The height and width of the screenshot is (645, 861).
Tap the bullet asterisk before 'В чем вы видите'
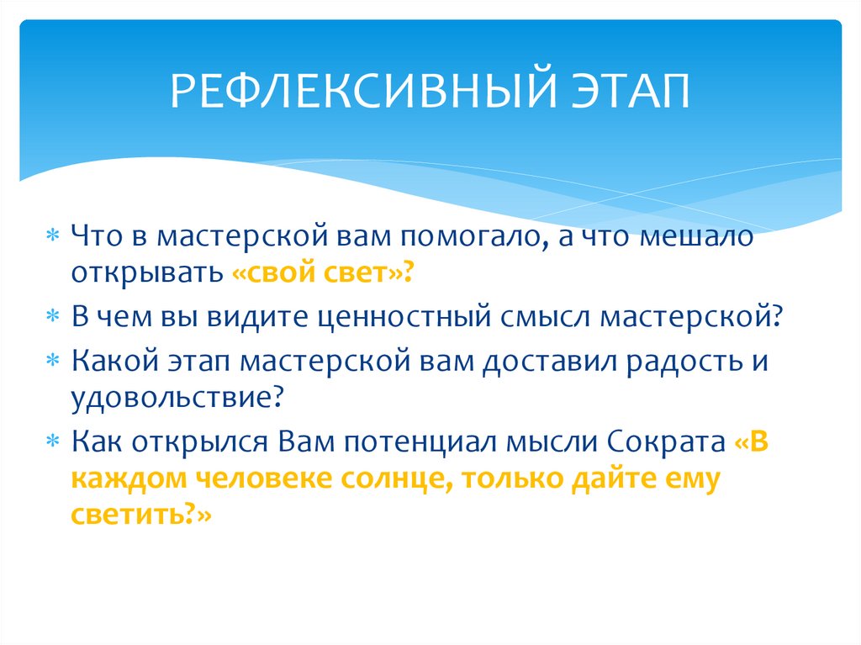(x=53, y=319)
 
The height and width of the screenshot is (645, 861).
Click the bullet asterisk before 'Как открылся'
(x=53, y=442)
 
